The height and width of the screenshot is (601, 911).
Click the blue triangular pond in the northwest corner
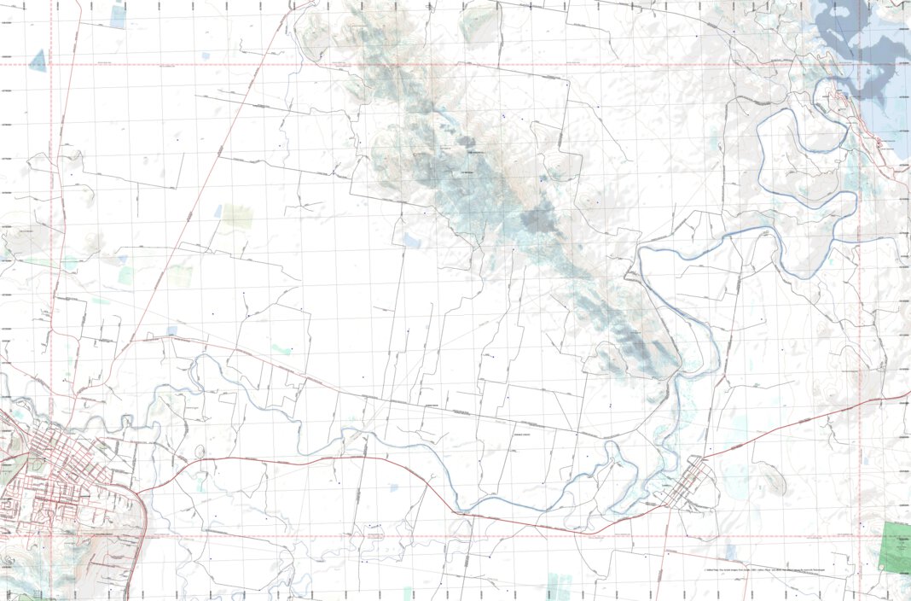38,61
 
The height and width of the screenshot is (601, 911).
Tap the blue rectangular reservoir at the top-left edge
117,17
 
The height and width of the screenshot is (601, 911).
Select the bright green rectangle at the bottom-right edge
896,546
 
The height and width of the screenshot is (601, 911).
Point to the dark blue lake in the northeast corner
862,38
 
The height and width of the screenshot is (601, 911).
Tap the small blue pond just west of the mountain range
413,242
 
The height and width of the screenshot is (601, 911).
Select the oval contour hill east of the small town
775,480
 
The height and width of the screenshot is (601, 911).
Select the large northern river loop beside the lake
802,154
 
